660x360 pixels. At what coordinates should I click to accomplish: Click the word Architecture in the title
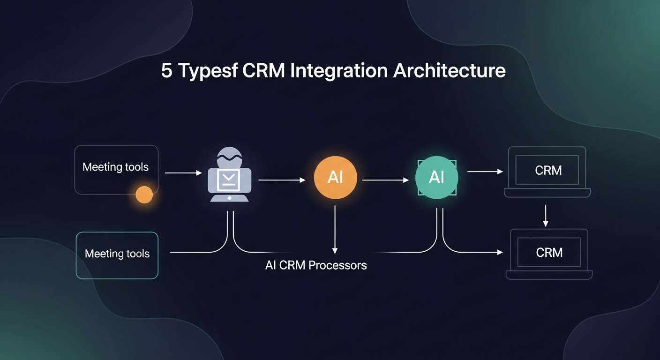tap(449, 71)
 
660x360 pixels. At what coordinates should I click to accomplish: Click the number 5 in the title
tap(166, 71)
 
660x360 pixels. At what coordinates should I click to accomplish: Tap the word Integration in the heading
tap(339, 71)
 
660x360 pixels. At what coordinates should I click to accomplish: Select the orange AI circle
tap(335, 178)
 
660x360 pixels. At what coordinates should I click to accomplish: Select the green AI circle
tap(436, 178)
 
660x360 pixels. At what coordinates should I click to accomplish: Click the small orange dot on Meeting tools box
tap(144, 195)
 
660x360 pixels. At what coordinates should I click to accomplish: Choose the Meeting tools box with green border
tap(117, 255)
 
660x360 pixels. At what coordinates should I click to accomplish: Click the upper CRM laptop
tap(547, 172)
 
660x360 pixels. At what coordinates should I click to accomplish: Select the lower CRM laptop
tap(549, 254)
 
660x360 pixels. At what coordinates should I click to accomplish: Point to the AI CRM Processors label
tap(316, 265)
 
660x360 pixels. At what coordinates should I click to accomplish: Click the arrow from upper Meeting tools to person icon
tap(183, 173)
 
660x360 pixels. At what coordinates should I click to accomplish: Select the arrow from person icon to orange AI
tap(282, 180)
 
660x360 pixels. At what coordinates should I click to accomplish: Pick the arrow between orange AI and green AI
tap(385, 180)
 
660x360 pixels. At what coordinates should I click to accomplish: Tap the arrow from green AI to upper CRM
tap(485, 172)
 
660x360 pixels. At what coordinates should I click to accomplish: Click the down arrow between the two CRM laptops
tap(545, 216)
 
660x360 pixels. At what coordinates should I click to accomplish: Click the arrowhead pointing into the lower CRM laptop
tap(500, 253)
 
